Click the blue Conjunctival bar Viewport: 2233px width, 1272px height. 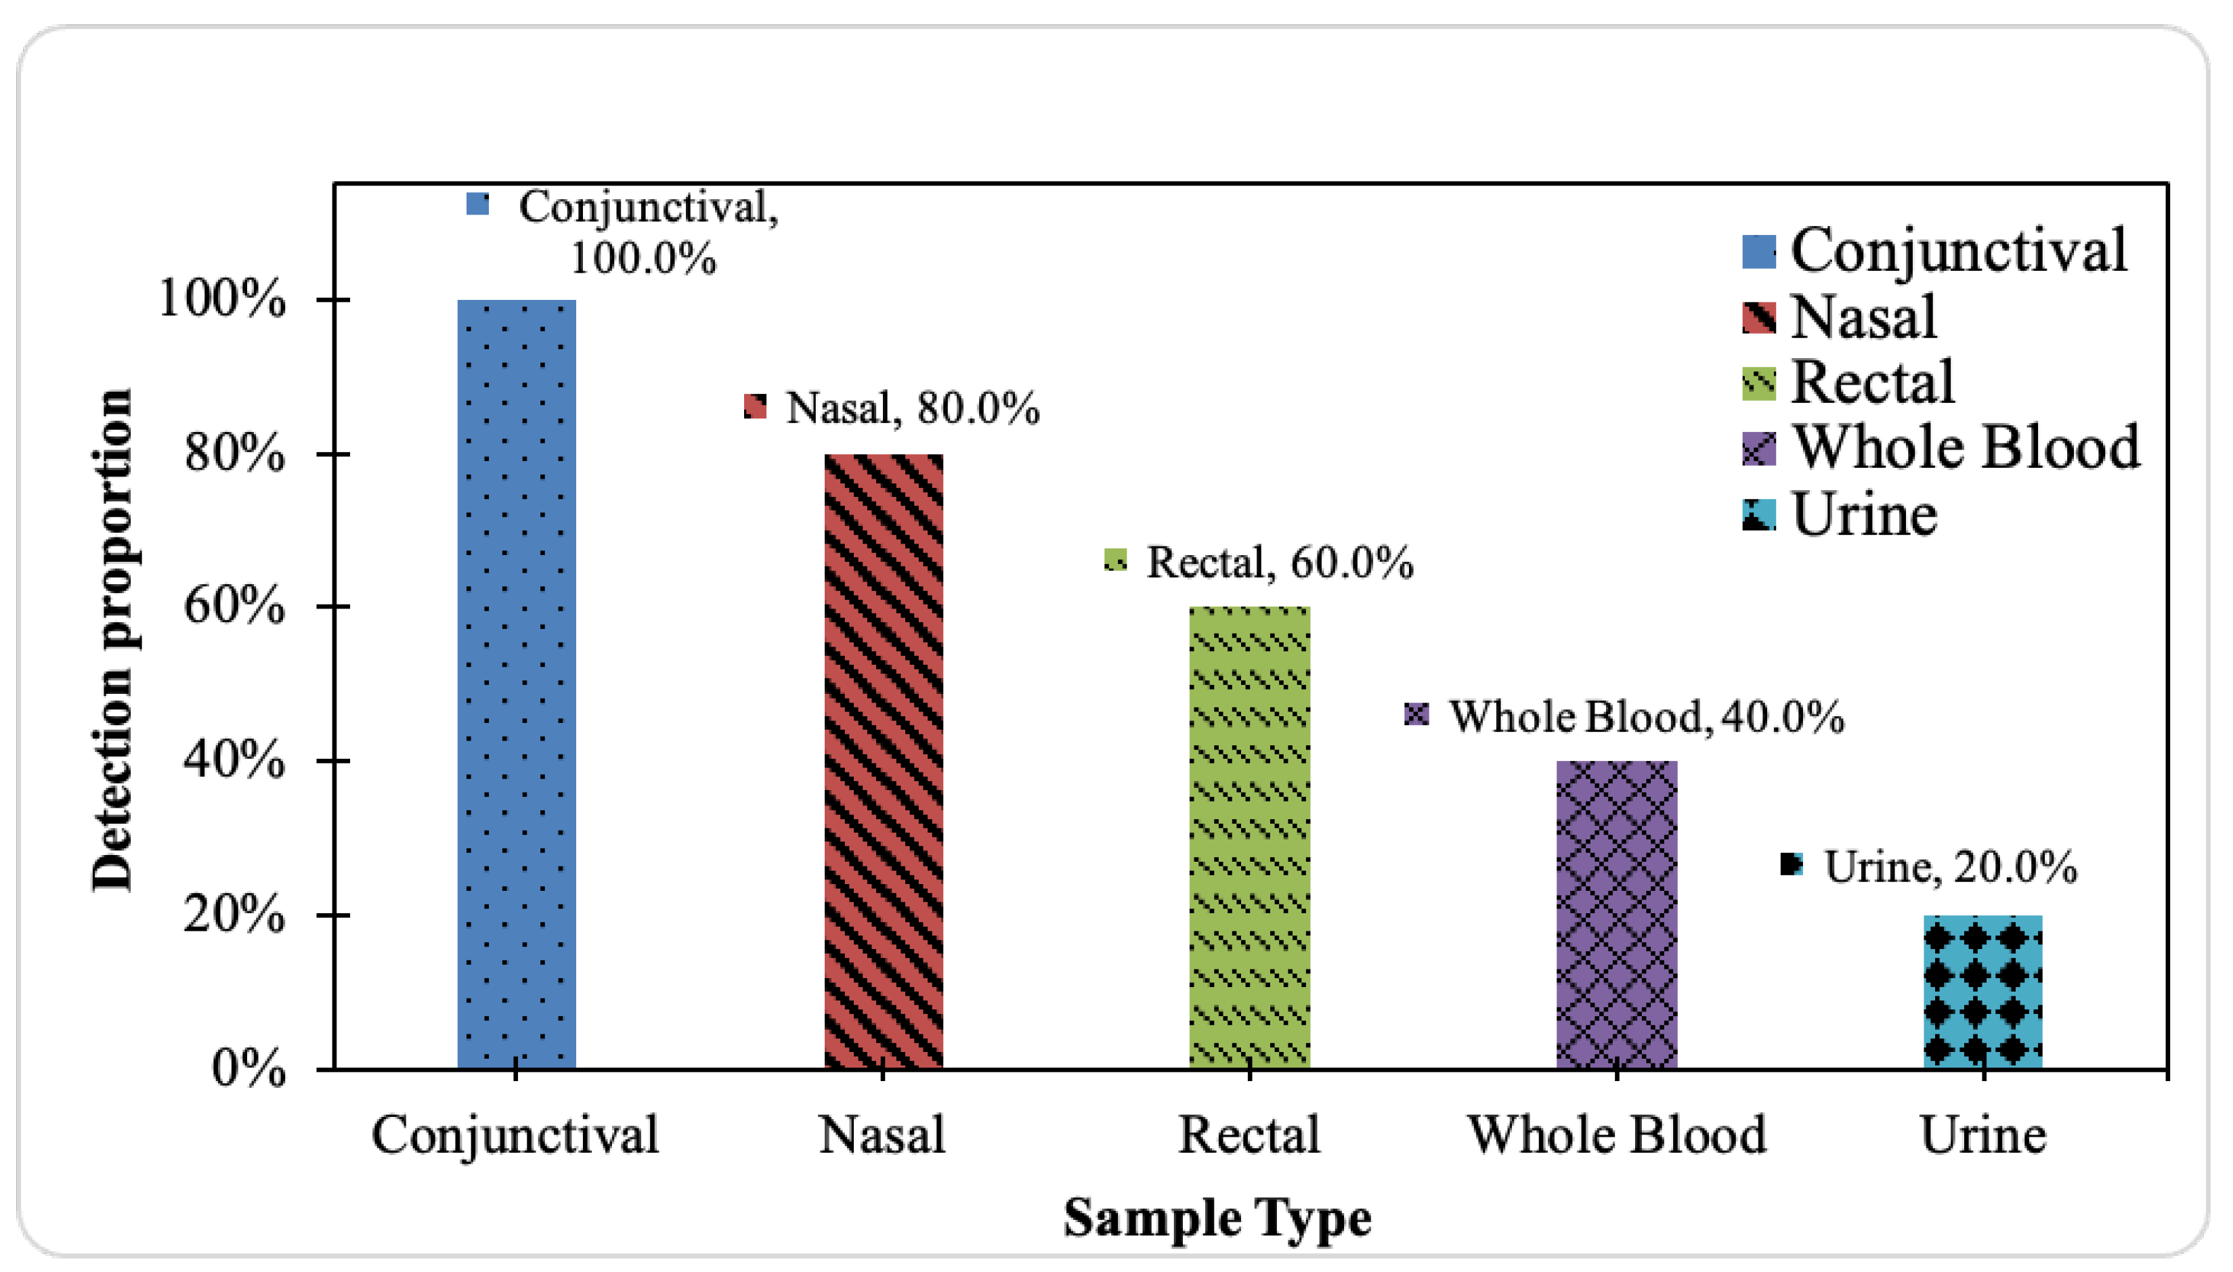[517, 684]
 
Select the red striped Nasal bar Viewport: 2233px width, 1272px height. [883, 761]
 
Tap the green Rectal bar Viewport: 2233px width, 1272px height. [1250, 838]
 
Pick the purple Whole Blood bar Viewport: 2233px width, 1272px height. [1617, 915]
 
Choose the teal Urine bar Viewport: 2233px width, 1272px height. [1983, 992]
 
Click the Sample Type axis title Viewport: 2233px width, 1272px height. [1217, 1218]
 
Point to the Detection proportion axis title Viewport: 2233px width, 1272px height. [112, 640]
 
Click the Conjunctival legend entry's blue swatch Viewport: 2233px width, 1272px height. [1758, 252]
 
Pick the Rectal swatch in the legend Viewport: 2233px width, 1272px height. [1758, 384]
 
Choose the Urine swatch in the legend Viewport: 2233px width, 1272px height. [1758, 514]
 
